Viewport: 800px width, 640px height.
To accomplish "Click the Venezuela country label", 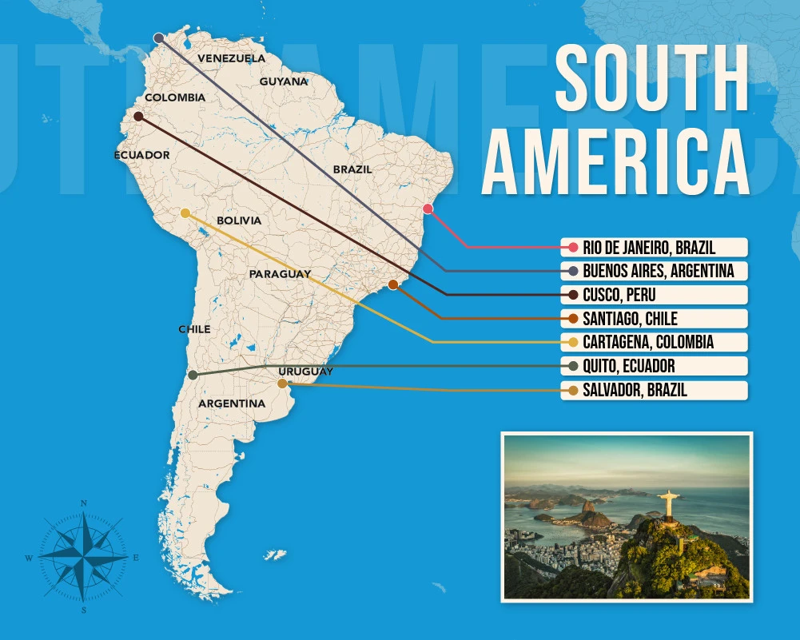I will point(231,58).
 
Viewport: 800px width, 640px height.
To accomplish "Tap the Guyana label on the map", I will point(283,81).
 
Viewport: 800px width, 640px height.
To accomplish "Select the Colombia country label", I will point(174,97).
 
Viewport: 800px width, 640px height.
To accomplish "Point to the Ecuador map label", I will point(141,155).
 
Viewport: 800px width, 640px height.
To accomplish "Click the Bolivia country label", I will point(238,220).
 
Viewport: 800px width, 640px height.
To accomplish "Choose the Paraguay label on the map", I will point(279,274).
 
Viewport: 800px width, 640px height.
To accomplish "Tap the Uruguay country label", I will point(305,372).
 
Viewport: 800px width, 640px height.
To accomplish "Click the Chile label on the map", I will point(194,329).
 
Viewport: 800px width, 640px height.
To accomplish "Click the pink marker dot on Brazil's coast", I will point(428,209).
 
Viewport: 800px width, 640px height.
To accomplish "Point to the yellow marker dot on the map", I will point(185,213).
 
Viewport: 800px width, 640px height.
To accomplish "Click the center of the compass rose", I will point(83,556).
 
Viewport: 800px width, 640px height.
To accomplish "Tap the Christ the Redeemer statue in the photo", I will point(668,504).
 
